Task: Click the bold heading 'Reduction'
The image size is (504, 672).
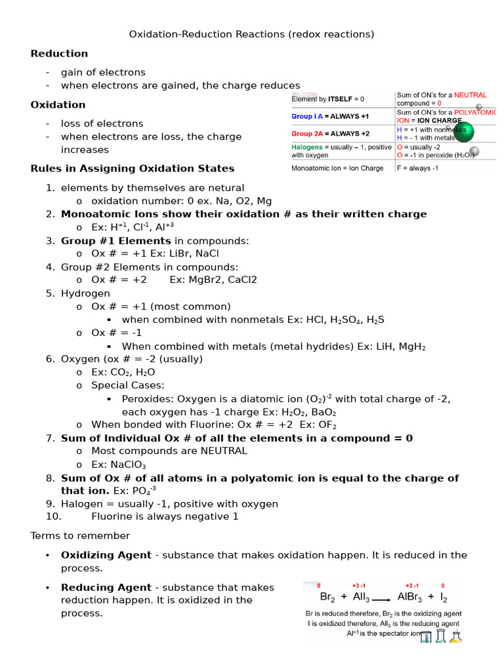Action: tap(59, 54)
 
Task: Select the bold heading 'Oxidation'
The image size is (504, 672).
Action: tap(58, 105)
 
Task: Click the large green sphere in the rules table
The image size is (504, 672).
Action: tap(463, 132)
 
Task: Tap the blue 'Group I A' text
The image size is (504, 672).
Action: tap(307, 116)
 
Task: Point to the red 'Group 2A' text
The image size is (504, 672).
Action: tap(307, 133)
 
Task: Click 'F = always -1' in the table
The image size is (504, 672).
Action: tap(417, 168)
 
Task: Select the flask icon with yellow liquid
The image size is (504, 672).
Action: tap(455, 636)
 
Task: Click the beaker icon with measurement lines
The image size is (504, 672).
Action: tap(426, 637)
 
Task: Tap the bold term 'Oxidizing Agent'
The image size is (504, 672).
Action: tap(106, 555)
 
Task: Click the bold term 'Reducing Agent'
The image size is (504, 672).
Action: tap(106, 588)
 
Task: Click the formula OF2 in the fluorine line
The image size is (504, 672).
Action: tap(326, 425)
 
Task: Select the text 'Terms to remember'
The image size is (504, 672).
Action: tap(80, 536)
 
